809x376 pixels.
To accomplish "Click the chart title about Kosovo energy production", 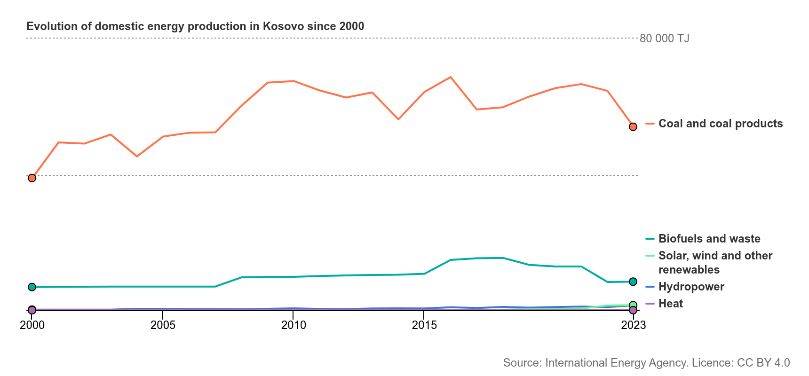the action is tap(195, 26).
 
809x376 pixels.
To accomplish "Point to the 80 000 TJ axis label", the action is tap(665, 39).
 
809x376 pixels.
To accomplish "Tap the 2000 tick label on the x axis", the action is tap(32, 325).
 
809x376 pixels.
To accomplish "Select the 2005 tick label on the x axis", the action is tap(163, 325).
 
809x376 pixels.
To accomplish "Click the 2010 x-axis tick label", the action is tap(293, 325).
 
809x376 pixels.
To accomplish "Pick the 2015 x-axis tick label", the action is tap(424, 325).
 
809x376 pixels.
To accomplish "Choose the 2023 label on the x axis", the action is tap(633, 325).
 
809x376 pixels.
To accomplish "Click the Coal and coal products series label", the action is tap(721, 124).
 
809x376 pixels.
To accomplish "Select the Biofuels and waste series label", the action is tap(709, 239).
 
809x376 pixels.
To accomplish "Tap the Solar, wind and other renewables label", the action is tap(715, 263).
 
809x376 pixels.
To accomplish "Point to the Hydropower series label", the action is tap(691, 287).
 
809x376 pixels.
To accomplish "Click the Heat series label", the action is tap(671, 304).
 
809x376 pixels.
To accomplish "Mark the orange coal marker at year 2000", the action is tap(32, 178).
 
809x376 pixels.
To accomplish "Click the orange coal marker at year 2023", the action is tap(633, 127).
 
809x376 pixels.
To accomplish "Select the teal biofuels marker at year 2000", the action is tap(32, 287).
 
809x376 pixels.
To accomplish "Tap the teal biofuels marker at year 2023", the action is tap(633, 282).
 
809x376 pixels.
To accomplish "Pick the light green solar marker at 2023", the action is tap(633, 305).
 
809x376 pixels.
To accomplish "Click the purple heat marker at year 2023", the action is tap(633, 310).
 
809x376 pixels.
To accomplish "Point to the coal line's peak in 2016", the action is tap(451, 77).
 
